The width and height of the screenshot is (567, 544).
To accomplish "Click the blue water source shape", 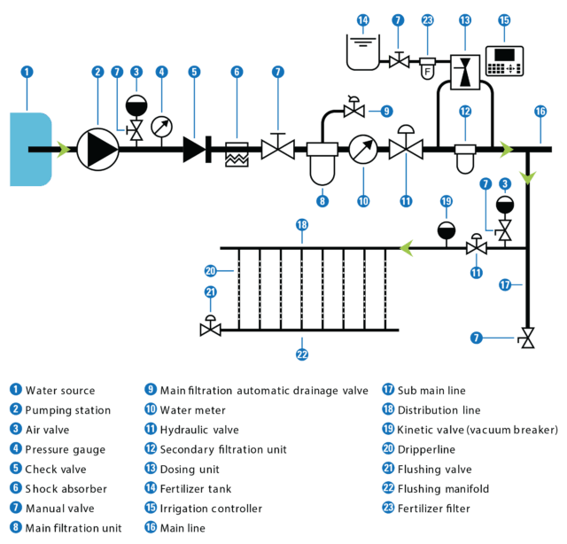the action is pyautogui.click(x=31, y=149).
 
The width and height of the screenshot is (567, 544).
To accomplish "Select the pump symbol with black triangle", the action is pyautogui.click(x=98, y=149).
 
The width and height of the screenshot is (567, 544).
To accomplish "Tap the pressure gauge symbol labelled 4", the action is pyautogui.click(x=161, y=127).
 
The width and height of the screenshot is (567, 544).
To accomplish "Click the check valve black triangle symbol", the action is pyautogui.click(x=194, y=149).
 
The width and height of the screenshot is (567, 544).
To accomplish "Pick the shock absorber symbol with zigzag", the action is pyautogui.click(x=237, y=154).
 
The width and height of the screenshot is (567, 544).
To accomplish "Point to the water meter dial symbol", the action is pyautogui.click(x=363, y=149).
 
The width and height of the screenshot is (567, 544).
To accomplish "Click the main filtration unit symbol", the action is pyautogui.click(x=322, y=164).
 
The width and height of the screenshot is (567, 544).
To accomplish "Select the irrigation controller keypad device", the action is pyautogui.click(x=504, y=61).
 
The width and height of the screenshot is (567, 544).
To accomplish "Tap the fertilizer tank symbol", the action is pyautogui.click(x=363, y=52).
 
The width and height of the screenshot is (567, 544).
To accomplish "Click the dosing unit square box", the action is pyautogui.click(x=465, y=72).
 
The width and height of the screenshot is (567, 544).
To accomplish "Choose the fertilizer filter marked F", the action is pyautogui.click(x=427, y=68).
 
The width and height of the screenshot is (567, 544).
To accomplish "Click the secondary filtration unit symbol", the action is pyautogui.click(x=465, y=159).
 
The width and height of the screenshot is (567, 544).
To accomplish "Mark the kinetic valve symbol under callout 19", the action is pyautogui.click(x=447, y=230).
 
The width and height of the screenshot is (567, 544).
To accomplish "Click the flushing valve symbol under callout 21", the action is pyautogui.click(x=211, y=326).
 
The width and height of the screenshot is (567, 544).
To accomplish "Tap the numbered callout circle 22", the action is pyautogui.click(x=302, y=354).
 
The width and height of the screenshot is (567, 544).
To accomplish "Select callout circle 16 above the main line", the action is pyautogui.click(x=540, y=112).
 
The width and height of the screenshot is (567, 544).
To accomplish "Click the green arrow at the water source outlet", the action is pyautogui.click(x=64, y=150).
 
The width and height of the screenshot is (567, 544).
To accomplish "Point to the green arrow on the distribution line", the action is pyautogui.click(x=407, y=248).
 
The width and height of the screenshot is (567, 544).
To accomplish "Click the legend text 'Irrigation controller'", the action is pyautogui.click(x=211, y=509).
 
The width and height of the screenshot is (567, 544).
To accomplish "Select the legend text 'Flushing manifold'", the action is pyautogui.click(x=443, y=489).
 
